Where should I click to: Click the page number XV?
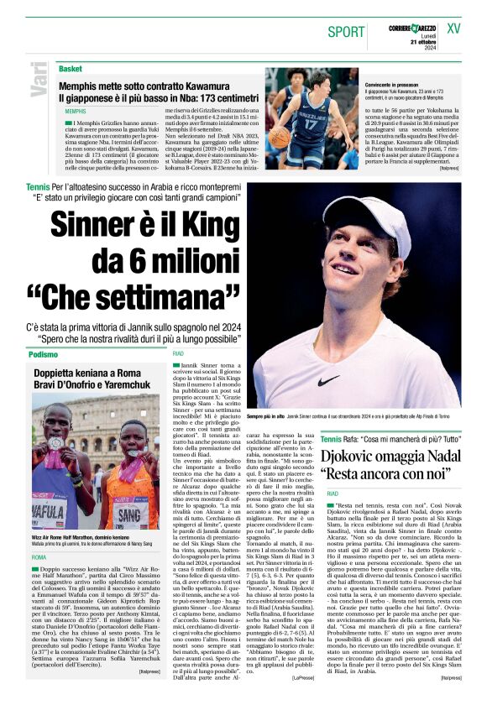(454, 29)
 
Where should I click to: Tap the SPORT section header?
(347, 32)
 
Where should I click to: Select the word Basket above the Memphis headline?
(71, 69)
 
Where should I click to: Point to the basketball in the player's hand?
(278, 138)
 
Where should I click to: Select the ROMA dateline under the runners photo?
(39, 556)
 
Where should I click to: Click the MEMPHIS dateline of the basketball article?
(76, 111)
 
